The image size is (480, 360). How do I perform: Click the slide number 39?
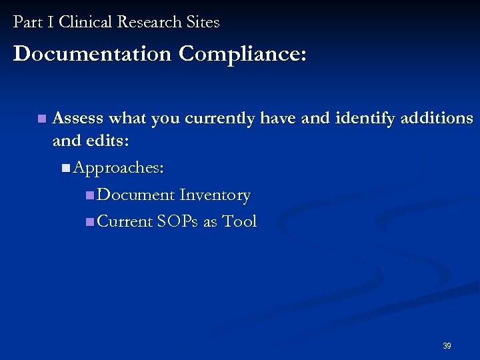pos(447,346)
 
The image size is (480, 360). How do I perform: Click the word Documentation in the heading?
pos(92,54)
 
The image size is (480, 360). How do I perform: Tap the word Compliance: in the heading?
pos(243,54)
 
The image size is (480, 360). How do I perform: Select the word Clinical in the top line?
pos(85,22)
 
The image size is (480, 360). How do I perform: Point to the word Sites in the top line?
pos(203,22)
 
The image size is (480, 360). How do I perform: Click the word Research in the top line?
pos(151,22)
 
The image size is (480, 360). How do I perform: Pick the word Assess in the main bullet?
pos(78,119)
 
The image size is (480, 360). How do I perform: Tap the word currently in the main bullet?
pos(220,119)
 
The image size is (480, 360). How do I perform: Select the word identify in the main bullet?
pos(366,119)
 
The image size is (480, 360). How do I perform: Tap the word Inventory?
pos(215,195)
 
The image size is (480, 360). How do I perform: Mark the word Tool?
pos(239,222)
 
